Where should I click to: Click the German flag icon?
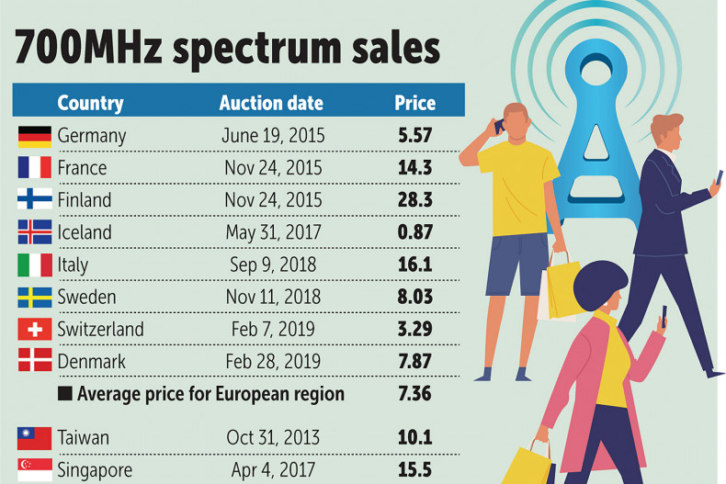click(x=34, y=136)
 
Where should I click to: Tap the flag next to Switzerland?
click(x=34, y=329)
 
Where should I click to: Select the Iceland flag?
click(x=34, y=232)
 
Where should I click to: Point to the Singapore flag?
click(x=34, y=469)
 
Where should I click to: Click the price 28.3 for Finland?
click(x=414, y=200)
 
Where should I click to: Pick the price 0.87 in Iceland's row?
click(x=414, y=232)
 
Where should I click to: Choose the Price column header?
click(x=414, y=103)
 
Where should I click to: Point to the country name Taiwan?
click(x=84, y=437)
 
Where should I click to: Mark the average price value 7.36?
click(x=414, y=394)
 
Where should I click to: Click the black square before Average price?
click(x=64, y=395)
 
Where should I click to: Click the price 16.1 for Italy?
click(x=414, y=265)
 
